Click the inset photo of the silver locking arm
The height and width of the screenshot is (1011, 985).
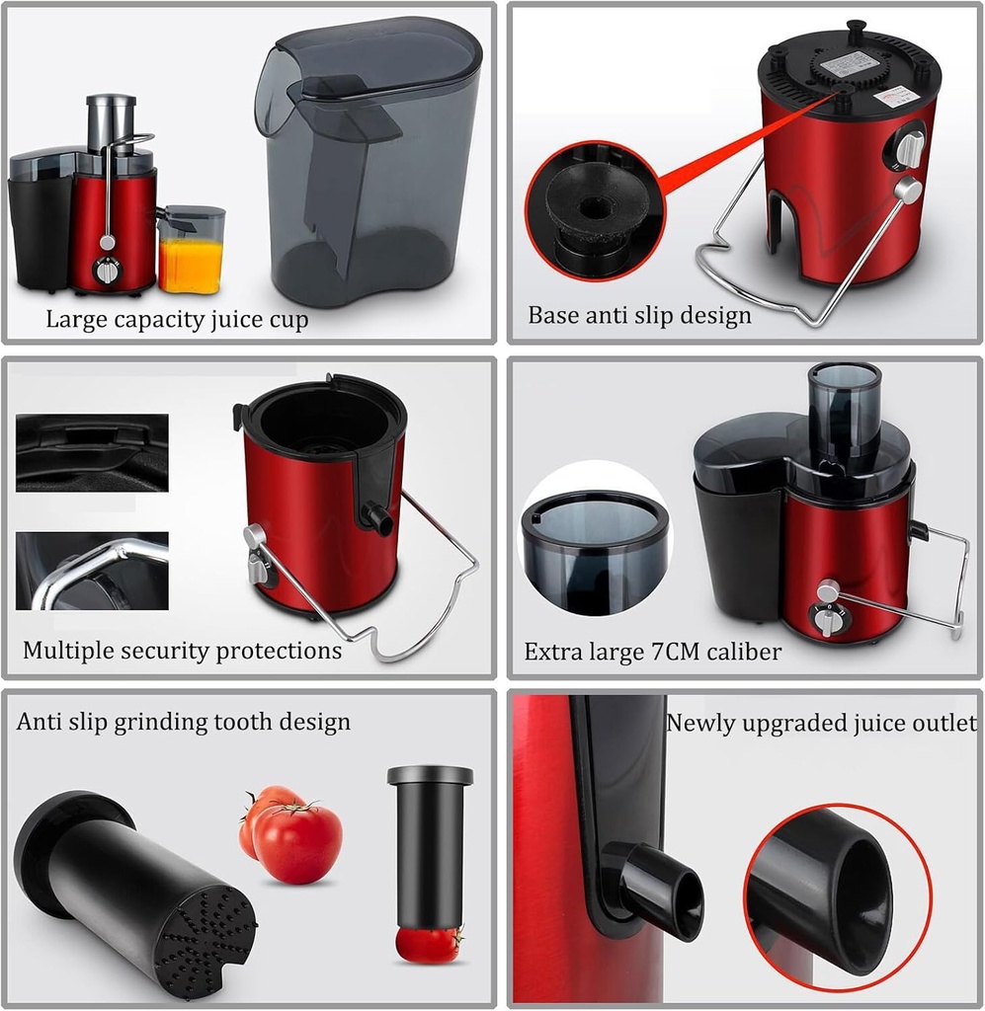point(92,571)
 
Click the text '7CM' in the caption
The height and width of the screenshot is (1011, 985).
point(682,652)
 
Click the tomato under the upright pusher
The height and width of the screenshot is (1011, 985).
point(429,944)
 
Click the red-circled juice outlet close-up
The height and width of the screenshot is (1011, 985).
point(837,889)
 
